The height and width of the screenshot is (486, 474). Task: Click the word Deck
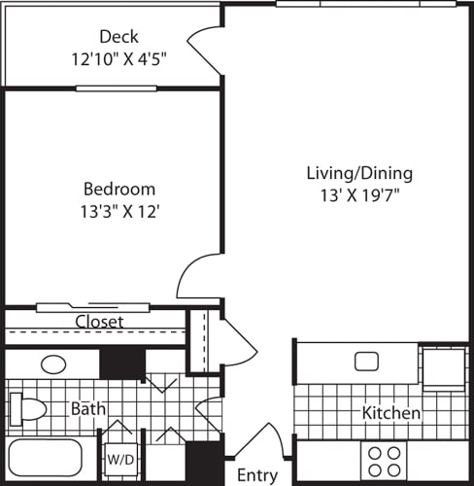(x=118, y=37)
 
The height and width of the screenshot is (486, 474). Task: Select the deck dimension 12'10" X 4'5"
(x=119, y=57)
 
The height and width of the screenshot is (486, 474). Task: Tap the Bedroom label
(x=118, y=189)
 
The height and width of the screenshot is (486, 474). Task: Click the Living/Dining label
(x=359, y=173)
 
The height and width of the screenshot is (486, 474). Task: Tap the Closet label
(x=99, y=321)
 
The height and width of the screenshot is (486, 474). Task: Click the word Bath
(x=88, y=409)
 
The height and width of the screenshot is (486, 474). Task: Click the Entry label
(x=257, y=475)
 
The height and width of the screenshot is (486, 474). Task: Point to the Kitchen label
(x=391, y=413)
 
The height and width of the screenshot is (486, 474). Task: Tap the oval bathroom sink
(x=53, y=365)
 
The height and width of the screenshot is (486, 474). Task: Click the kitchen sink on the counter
(x=366, y=362)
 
